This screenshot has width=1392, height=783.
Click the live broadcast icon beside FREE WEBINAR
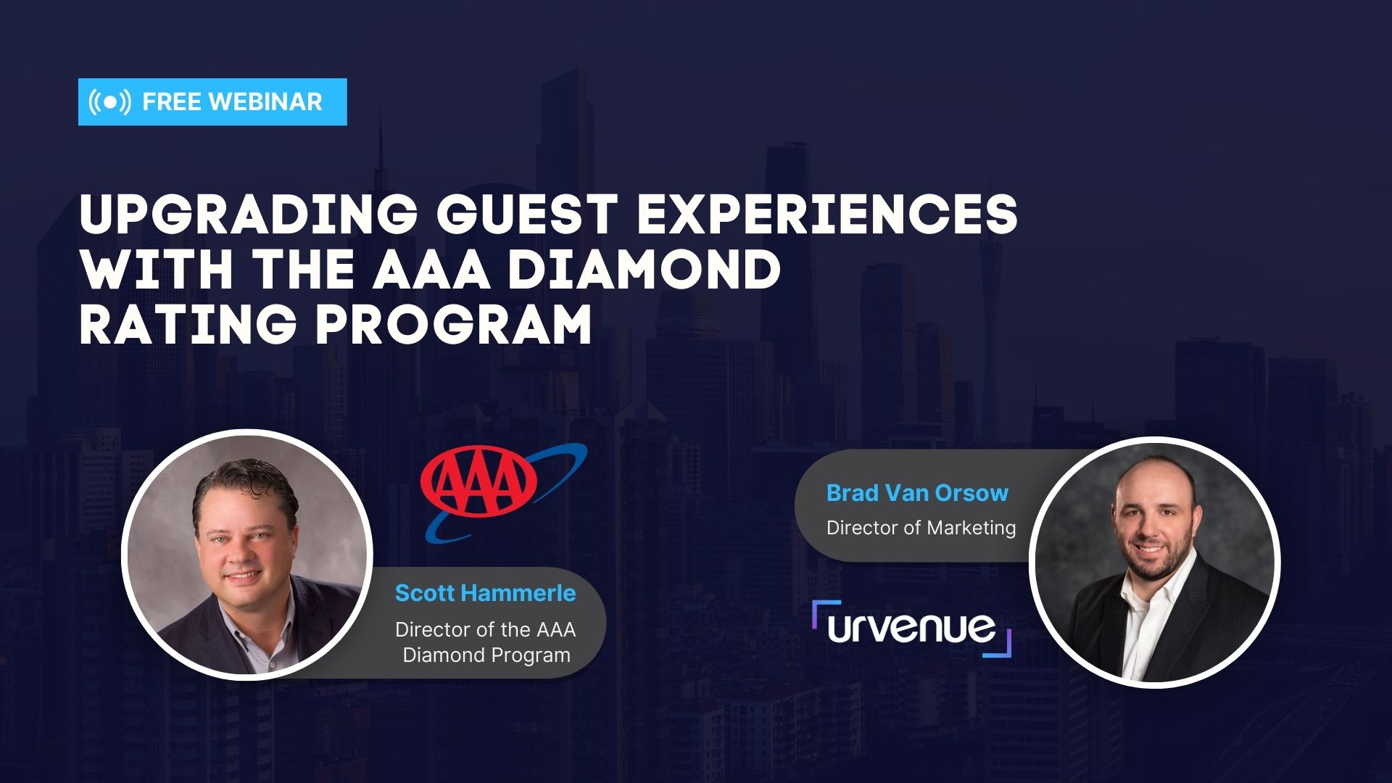[x=109, y=102]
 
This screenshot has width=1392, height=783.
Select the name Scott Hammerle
[x=485, y=593]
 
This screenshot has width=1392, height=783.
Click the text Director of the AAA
[x=485, y=629]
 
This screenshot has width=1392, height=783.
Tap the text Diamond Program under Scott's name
[x=486, y=655]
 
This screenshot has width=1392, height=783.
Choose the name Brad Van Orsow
[x=917, y=493]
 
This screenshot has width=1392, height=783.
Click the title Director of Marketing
[x=921, y=528]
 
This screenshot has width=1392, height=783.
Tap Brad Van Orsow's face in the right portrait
[x=1153, y=526]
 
